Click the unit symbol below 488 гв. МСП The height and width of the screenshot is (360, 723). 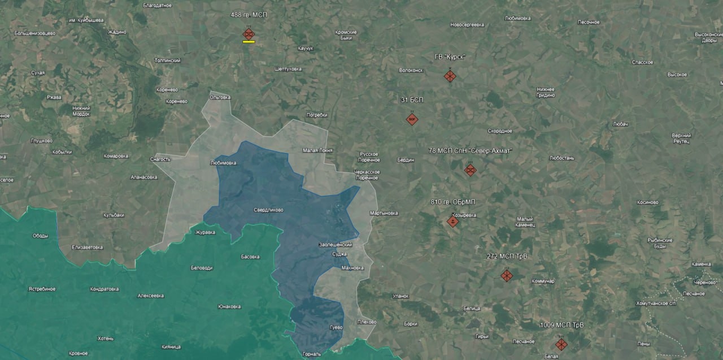point(249,34)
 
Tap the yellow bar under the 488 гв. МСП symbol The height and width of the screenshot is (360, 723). point(249,42)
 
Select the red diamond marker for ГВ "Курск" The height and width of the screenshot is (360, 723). point(450,76)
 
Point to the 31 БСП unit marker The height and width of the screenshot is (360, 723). point(412,119)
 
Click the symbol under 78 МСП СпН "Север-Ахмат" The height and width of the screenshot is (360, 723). point(470,170)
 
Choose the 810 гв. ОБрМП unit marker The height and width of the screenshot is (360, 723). point(452,222)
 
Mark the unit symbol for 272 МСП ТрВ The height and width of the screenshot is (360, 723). point(507,275)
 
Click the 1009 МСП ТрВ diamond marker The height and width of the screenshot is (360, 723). point(561,344)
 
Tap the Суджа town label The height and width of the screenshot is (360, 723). point(339,254)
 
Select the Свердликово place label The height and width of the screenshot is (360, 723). point(269,210)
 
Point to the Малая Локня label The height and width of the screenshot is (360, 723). point(318,150)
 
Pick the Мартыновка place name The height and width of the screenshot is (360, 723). point(384,213)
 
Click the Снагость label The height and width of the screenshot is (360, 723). point(160,159)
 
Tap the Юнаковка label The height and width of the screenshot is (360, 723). point(229,307)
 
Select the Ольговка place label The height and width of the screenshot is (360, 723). point(220,97)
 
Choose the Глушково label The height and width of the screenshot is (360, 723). point(41,141)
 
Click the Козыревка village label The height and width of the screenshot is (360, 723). point(464,215)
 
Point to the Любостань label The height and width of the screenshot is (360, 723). point(561,158)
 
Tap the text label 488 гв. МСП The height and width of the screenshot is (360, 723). point(249,14)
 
